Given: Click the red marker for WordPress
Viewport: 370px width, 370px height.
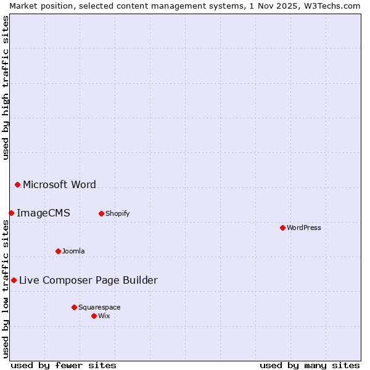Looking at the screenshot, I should click(282, 228).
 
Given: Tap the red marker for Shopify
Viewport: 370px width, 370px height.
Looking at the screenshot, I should click(101, 213).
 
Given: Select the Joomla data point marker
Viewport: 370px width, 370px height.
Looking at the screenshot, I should click(58, 251).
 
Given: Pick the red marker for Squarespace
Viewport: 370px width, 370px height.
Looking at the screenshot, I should click(74, 307).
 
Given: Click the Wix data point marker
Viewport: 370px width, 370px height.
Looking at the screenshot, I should click(94, 316).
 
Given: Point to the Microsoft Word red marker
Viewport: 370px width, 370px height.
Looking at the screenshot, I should click(17, 184).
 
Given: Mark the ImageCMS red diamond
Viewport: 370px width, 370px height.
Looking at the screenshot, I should click(11, 213).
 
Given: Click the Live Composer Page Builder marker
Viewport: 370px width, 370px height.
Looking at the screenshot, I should click(14, 280).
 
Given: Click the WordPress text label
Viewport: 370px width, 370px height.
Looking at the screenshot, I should click(304, 228).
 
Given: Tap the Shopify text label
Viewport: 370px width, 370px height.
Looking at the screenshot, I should click(117, 213).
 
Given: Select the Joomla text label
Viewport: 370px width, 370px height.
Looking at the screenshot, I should click(73, 251).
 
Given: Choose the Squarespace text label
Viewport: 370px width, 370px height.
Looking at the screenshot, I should click(99, 307).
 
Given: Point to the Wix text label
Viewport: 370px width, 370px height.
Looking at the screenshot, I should click(104, 316).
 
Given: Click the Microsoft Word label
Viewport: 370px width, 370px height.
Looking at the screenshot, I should click(59, 184).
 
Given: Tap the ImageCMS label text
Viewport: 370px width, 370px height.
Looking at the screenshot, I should click(43, 213).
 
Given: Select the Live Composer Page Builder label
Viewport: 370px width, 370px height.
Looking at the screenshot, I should click(88, 280).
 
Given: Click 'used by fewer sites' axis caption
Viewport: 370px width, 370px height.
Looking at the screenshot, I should click(64, 365).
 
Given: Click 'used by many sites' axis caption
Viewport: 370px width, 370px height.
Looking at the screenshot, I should click(310, 365).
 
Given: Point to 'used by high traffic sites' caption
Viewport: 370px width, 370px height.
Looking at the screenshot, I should click(6, 88).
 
